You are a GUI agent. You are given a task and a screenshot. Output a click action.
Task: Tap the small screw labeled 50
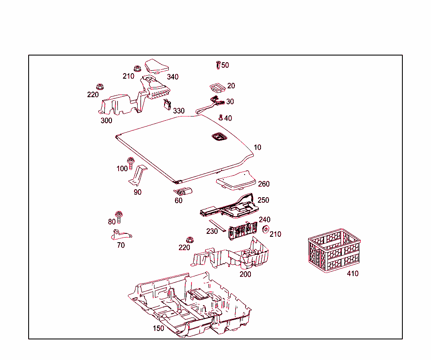[218, 65]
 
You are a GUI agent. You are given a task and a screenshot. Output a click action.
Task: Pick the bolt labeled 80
[119, 216]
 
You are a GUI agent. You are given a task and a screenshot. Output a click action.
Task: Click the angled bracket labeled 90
[138, 175]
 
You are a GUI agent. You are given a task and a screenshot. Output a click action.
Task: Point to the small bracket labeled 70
[120, 234]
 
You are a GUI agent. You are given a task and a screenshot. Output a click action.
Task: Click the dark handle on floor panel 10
[218, 137]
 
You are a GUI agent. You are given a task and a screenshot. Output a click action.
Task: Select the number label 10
[257, 148]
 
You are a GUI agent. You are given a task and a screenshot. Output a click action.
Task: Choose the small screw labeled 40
[220, 117]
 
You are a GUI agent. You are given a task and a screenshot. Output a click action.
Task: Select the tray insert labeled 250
[229, 206]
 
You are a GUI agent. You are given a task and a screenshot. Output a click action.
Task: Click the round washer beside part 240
[266, 229]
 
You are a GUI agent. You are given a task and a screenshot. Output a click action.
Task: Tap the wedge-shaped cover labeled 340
[156, 66]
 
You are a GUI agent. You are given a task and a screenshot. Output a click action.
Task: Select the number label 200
[245, 275]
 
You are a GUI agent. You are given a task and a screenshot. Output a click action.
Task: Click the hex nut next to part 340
[137, 68]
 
